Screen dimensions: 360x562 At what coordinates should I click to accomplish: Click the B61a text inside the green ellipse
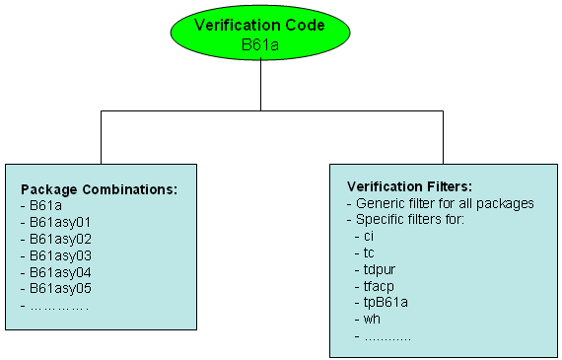(261, 45)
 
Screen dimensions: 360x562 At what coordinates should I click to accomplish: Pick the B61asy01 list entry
(56, 222)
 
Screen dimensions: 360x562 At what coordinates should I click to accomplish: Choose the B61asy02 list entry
(56, 239)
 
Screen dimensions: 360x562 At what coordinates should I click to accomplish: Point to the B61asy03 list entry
(56, 254)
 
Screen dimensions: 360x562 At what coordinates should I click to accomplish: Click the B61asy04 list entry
(56, 271)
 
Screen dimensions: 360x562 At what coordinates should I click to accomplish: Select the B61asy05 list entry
(56, 288)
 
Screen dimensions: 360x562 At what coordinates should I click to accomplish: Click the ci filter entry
(369, 237)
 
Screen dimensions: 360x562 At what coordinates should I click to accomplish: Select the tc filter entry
(369, 253)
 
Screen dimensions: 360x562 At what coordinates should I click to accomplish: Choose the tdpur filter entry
(377, 269)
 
